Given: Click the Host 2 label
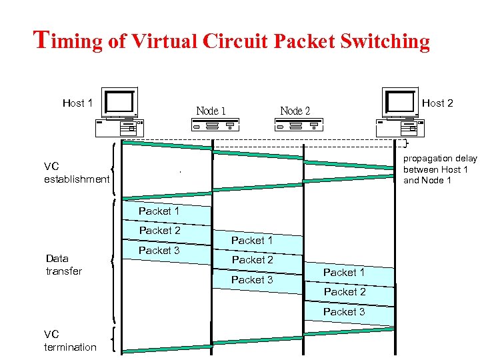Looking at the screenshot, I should [437, 103].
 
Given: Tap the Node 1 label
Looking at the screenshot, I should [211, 111].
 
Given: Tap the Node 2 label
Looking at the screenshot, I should [295, 111].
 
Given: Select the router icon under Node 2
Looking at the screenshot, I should [299, 125].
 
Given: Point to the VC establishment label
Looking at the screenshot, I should [76, 173].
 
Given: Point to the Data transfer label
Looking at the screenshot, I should [63, 265].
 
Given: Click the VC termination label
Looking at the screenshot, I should [70, 341].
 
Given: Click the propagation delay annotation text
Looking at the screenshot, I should [440, 169].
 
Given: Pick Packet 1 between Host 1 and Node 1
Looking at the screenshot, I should [159, 211].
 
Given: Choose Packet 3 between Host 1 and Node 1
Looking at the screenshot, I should [159, 250].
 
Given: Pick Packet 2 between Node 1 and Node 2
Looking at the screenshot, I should [252, 259].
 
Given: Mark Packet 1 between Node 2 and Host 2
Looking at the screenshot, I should [344, 272].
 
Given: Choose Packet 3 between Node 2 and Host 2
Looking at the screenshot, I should [344, 311].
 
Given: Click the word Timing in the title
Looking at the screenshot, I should [67, 41].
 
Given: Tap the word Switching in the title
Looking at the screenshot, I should [385, 41].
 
